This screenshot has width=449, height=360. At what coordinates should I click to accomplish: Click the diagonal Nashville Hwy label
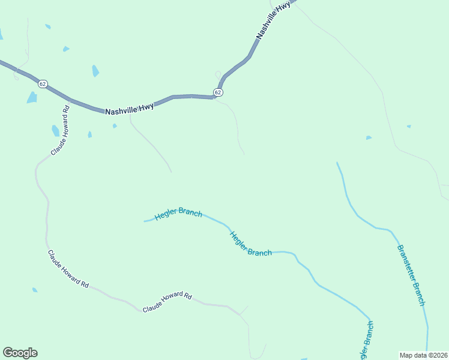point(273,20)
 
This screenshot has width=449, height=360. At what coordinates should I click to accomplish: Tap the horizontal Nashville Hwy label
point(129,109)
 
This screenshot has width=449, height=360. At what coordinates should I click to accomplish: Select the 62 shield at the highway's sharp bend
point(218,92)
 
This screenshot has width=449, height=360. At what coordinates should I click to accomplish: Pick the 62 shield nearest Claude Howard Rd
point(42,84)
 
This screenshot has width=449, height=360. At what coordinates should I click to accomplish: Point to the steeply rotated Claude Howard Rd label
point(61,130)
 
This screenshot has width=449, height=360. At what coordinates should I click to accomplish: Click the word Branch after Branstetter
point(420,294)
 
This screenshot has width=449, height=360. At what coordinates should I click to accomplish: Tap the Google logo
point(20,353)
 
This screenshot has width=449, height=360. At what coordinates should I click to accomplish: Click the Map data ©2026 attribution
point(423,355)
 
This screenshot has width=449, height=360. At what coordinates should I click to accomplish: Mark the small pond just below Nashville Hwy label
point(115,126)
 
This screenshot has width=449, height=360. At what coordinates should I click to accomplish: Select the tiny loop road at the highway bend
point(218,75)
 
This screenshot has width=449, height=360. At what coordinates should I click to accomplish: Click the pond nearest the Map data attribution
point(369,137)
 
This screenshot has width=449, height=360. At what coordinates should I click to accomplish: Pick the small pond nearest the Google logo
point(35,290)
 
